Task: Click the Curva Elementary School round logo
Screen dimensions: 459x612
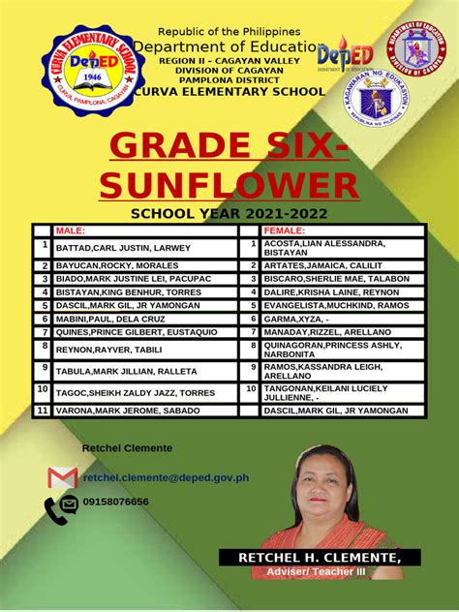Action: coord(84,71)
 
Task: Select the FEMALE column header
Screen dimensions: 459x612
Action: coord(284,231)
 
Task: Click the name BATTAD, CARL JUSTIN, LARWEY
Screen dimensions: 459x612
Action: coord(124,249)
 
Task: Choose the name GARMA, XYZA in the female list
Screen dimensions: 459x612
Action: coord(297,318)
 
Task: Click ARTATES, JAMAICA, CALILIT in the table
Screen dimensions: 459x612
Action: coord(322,265)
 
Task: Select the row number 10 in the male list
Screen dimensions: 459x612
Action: coord(42,389)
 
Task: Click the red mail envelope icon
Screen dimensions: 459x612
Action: coord(62,477)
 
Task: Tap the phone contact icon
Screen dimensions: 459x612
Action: coord(61,507)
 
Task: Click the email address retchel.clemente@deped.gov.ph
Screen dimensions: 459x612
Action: coord(166,477)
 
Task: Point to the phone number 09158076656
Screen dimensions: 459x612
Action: coord(116,502)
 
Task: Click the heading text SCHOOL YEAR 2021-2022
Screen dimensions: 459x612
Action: coord(229,213)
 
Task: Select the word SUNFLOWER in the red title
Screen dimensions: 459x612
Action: coord(229,185)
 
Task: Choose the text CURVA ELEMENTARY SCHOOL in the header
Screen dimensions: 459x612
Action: coord(231,91)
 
